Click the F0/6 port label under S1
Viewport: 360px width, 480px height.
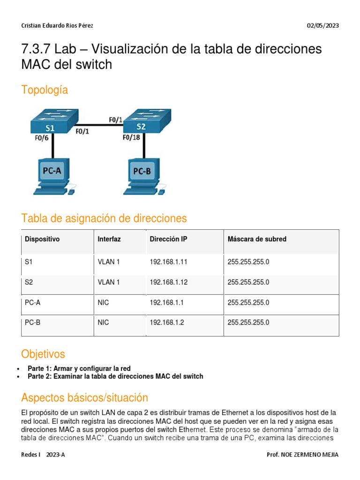click(x=42, y=138)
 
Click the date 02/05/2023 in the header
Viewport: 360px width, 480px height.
click(x=322, y=26)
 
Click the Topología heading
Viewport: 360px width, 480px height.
click(x=45, y=90)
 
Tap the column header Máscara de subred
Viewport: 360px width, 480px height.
click(x=257, y=239)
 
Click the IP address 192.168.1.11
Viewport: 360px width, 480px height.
click(x=169, y=262)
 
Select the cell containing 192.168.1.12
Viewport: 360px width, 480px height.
click(x=169, y=282)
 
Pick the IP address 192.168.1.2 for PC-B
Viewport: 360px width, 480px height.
click(x=167, y=322)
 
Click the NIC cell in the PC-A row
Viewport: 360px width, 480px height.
click(x=103, y=302)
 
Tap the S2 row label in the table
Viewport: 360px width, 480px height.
click(x=29, y=282)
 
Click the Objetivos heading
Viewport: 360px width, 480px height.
click(x=43, y=353)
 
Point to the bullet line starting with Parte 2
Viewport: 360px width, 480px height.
click(x=115, y=376)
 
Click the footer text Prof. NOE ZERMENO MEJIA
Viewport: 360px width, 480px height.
click(x=302, y=455)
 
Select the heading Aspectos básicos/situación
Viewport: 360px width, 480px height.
click(x=84, y=398)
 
